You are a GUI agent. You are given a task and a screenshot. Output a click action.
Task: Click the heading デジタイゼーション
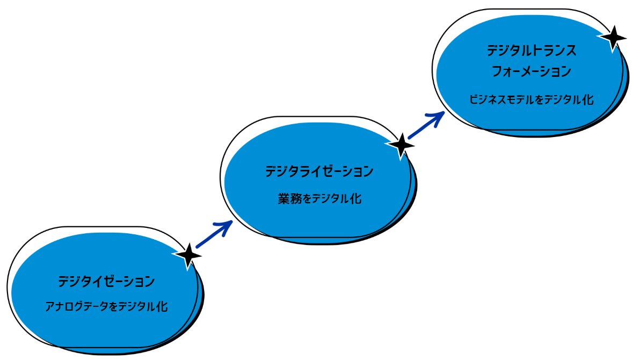(x=107, y=281)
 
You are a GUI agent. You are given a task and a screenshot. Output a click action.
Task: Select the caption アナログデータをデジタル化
(x=107, y=307)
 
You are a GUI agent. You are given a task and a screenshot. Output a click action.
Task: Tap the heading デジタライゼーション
(x=319, y=172)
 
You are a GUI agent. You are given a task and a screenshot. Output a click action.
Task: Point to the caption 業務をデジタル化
(x=319, y=199)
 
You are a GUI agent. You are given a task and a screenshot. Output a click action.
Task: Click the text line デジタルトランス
(x=532, y=51)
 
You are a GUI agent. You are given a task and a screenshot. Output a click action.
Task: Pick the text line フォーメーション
(x=532, y=71)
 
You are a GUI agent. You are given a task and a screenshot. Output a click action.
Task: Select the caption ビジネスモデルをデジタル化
(x=532, y=99)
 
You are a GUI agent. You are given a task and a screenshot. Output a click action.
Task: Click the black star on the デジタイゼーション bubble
(x=188, y=255)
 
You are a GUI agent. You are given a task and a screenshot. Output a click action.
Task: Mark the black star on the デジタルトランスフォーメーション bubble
(x=613, y=38)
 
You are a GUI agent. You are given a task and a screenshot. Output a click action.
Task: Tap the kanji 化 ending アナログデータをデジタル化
(x=162, y=307)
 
